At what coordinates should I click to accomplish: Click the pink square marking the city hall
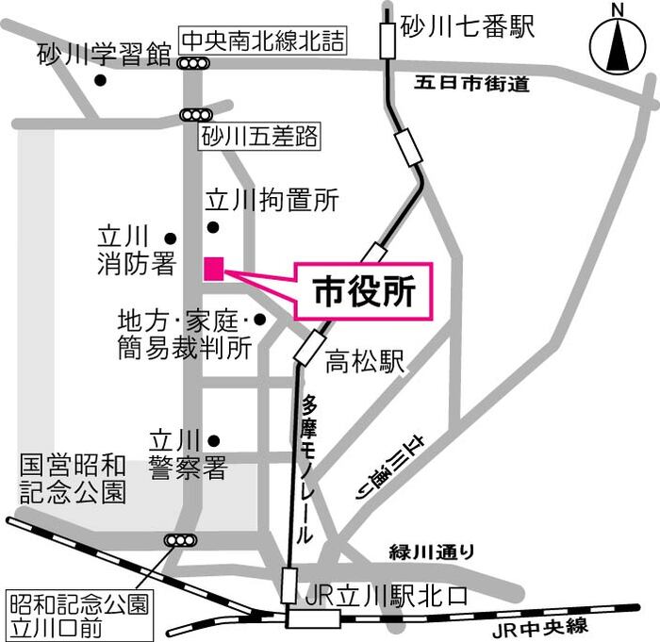point(214,268)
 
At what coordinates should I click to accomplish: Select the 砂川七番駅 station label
point(467,26)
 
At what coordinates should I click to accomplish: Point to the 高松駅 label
point(365,361)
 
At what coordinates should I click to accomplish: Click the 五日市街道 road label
point(471,84)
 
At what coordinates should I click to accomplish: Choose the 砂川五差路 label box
point(259,138)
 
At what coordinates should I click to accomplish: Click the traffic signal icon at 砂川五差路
point(195,114)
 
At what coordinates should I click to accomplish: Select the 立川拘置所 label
point(272,200)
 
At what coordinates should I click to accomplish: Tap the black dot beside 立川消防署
point(171,238)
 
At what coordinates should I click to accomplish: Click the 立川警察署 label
point(188,453)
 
